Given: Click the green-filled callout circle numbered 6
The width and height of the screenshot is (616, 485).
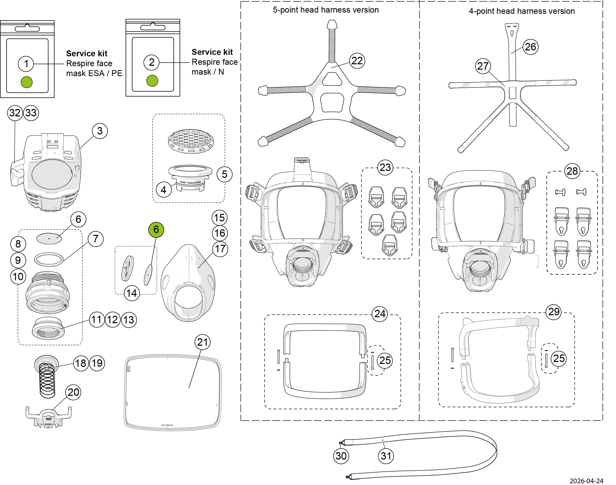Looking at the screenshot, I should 156,230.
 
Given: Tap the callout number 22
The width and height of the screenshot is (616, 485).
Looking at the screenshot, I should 357,61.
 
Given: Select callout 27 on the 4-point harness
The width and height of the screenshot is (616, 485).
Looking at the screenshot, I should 483,66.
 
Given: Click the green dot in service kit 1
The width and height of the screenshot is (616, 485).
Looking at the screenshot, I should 27,82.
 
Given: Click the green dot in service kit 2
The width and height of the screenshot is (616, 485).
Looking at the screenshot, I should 152,81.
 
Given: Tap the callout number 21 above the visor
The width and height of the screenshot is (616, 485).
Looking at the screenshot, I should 202,342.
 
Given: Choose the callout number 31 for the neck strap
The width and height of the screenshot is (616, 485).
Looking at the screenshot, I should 386,456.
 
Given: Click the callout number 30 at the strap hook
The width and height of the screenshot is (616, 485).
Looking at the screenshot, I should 341,456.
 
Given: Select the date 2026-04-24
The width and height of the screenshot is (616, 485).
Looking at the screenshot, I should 586,481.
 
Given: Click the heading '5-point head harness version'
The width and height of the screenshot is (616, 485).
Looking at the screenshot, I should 326,10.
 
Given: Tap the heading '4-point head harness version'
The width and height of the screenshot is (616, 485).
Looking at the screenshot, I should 521,11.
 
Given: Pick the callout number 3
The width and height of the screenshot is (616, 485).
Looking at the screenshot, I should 100,131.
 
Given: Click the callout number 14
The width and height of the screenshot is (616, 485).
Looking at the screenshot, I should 132,293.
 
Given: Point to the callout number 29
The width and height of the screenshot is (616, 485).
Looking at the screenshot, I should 554,312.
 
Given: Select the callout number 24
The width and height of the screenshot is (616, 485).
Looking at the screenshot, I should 380,314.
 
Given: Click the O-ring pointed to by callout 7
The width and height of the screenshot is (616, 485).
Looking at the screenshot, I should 49,259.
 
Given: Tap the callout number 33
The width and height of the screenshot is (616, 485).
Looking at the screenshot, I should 31,113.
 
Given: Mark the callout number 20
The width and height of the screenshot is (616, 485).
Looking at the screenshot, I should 73,392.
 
